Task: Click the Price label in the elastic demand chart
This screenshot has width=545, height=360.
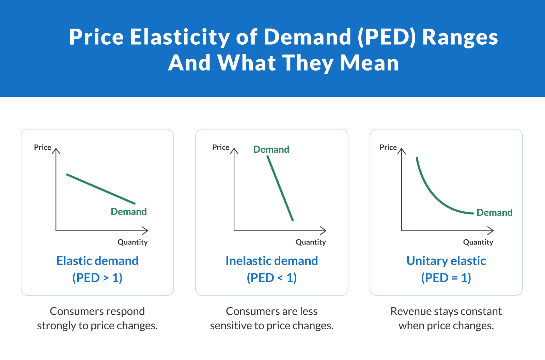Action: point(43,147)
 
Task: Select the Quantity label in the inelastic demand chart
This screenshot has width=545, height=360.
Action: point(311,242)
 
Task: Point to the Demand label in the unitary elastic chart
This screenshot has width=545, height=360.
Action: point(494,212)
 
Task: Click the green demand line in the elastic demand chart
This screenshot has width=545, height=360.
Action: point(101,189)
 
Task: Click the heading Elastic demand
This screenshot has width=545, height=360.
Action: point(97,261)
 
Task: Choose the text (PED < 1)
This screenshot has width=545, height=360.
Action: point(272,278)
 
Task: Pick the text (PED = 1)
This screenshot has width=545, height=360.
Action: point(446,278)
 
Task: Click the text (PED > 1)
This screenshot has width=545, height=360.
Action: point(97,278)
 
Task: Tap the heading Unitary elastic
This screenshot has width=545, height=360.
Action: point(446,261)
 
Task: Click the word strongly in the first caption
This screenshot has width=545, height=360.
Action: point(57,326)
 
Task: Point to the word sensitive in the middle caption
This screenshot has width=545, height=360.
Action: point(231,326)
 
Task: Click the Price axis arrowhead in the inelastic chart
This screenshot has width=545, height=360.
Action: point(234,150)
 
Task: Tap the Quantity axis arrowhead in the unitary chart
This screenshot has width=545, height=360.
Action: point(492,231)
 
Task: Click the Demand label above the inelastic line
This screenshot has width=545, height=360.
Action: point(271,149)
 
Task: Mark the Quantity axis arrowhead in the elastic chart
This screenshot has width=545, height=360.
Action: point(146,231)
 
